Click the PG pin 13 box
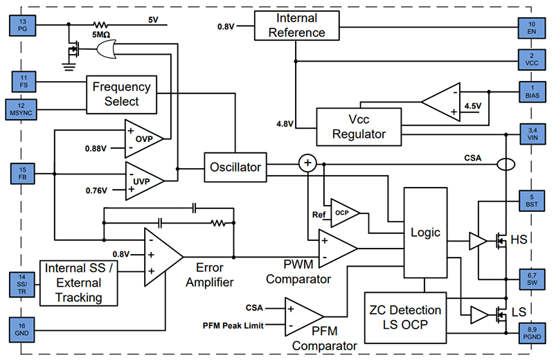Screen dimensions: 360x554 (23, 26)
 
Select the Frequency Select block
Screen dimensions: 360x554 (121, 94)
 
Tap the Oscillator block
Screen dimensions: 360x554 (235, 167)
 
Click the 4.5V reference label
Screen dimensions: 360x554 (472, 106)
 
